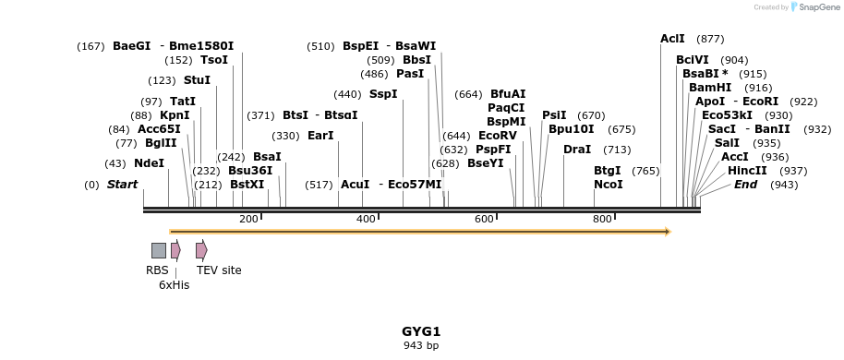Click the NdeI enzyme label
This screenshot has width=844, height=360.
[x=149, y=163]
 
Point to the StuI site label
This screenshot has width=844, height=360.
[x=197, y=80]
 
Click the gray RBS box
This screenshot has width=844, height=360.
[x=159, y=250]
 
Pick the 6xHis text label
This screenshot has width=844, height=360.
[x=174, y=285]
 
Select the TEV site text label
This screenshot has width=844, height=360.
[x=219, y=270]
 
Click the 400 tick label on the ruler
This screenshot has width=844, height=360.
[x=366, y=219]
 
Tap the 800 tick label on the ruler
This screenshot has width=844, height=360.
[x=602, y=219]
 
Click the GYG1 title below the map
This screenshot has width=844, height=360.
[x=421, y=331]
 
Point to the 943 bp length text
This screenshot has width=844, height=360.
[x=421, y=346]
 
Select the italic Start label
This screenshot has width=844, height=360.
[x=122, y=185]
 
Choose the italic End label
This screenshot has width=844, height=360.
[x=745, y=185]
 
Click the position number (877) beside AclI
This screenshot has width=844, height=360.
[x=709, y=39]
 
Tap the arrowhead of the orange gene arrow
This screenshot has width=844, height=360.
[x=667, y=232]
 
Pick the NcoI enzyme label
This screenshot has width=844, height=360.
[x=608, y=185]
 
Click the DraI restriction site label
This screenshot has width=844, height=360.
[x=576, y=150]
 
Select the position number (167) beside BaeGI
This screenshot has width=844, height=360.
[x=91, y=46]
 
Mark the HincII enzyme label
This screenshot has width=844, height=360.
[x=746, y=171]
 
